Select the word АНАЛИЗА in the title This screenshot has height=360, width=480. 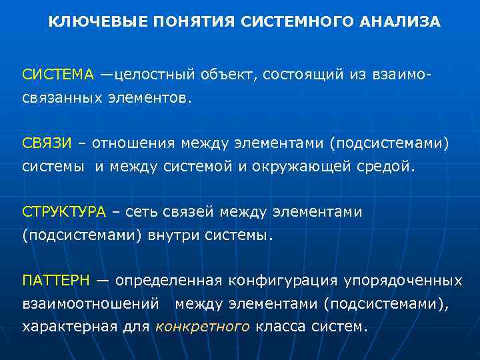coord(402,22)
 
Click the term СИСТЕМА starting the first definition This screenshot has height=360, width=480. coord(59,74)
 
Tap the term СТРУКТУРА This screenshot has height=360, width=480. coord(64,212)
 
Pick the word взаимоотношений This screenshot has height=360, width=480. coord(91,304)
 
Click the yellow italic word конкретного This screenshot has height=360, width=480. coord(203,327)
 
